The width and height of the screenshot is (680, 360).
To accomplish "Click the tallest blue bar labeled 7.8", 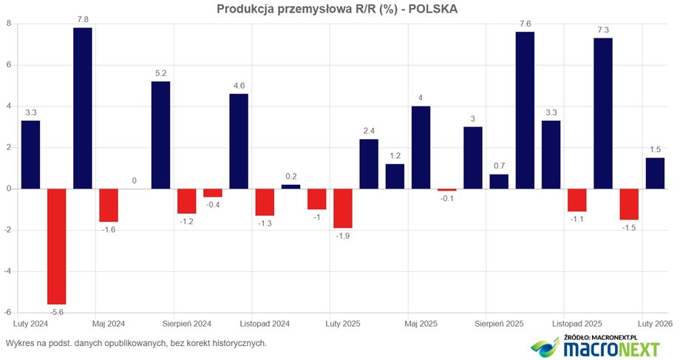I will [82, 108].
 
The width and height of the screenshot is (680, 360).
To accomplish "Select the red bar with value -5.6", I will [56, 246].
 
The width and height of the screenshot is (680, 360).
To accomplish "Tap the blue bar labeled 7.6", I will [525, 110].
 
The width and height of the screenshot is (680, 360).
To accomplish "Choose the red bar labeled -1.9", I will [342, 208].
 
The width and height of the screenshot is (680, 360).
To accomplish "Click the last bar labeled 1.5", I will [655, 173].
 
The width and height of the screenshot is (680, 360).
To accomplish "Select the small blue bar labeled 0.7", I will [499, 181].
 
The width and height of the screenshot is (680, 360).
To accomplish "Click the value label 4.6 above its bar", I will [238, 86].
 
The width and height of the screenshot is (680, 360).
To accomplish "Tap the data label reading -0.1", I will [446, 198].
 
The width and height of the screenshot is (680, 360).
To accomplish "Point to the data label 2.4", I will [369, 132].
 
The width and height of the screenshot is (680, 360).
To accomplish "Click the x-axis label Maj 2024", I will [109, 323].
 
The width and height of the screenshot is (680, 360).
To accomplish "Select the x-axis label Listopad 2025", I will [577, 323].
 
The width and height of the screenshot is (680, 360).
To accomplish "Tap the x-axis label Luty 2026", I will [655, 323].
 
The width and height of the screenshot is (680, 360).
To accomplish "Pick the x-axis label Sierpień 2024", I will [188, 323].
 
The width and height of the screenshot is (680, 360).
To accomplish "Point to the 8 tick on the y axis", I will [8, 24].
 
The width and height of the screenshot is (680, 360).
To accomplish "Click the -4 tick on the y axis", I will [7, 271].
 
